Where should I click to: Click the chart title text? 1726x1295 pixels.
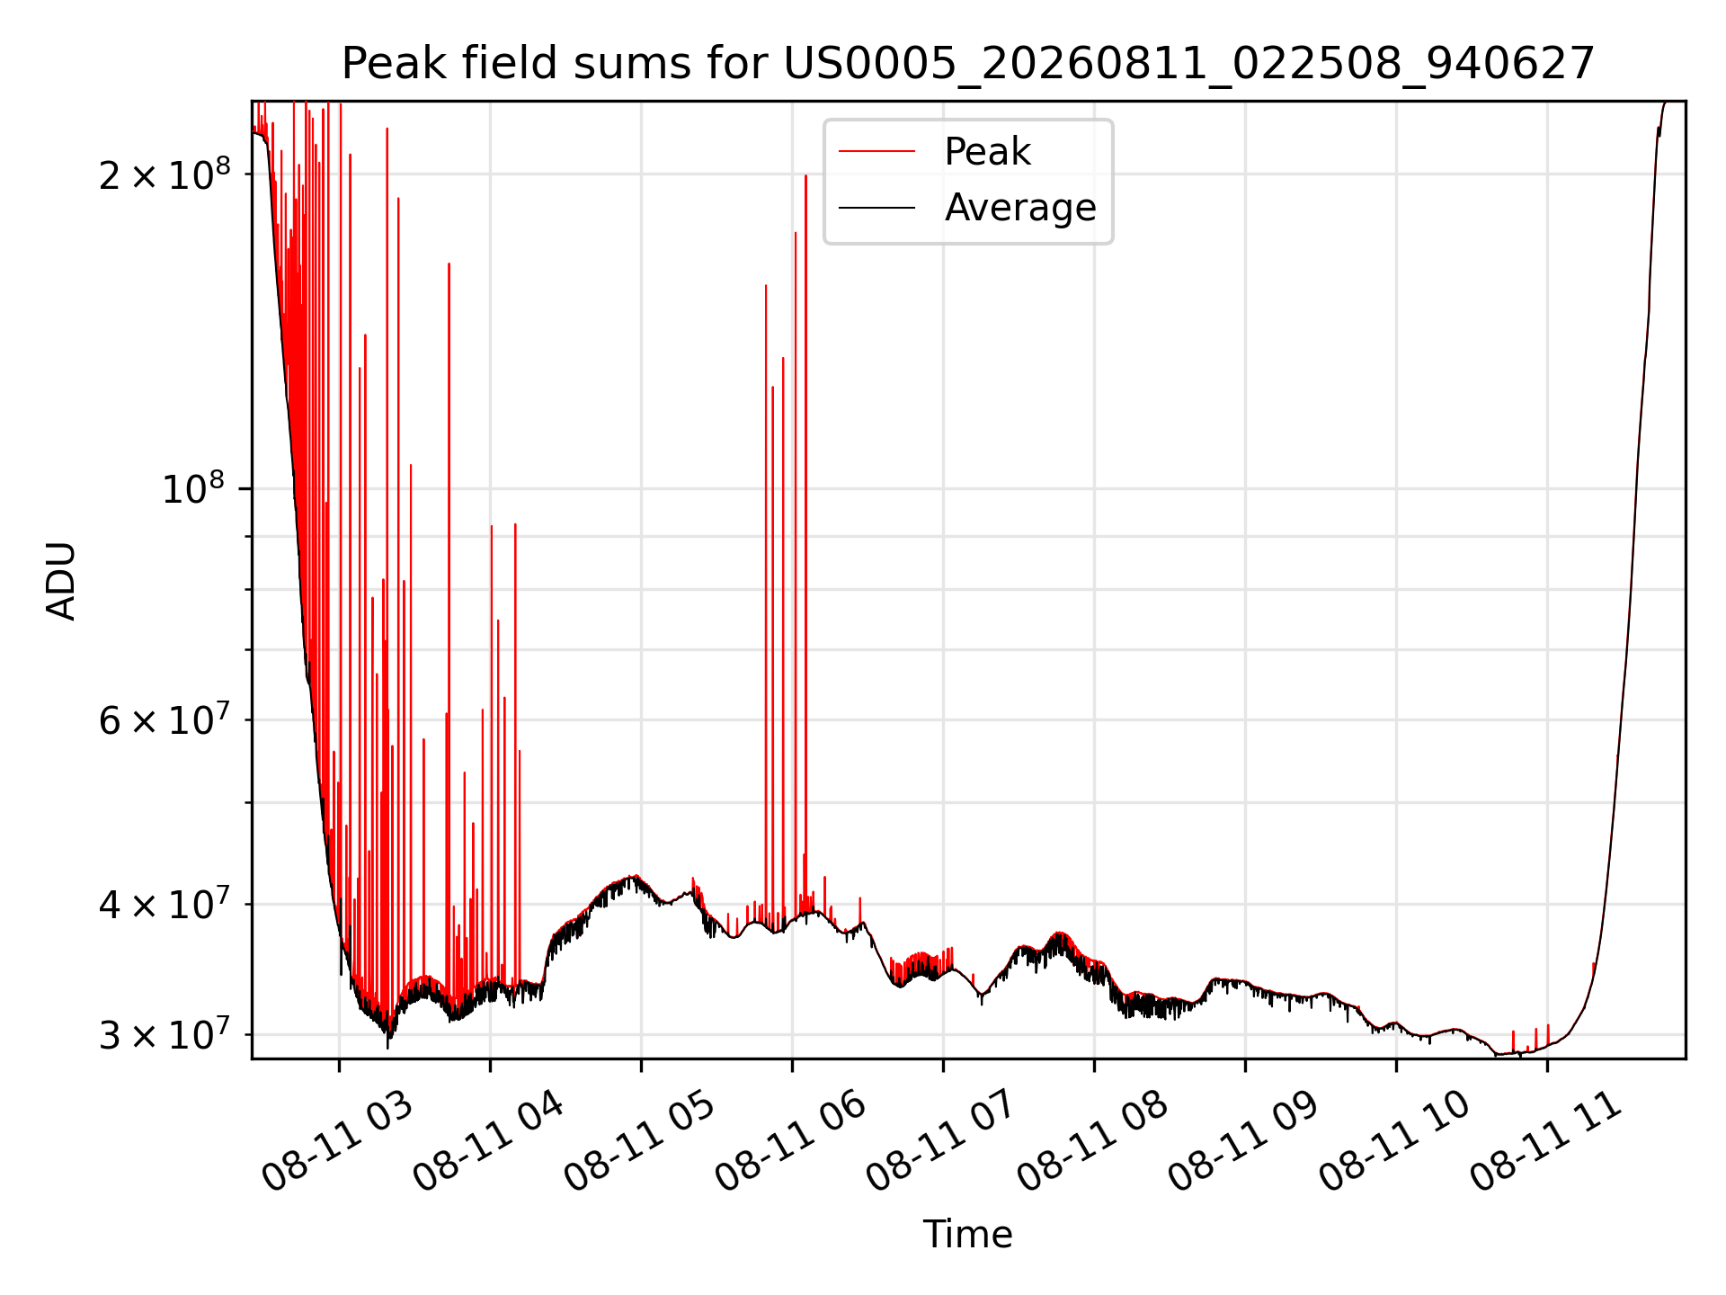[968, 64]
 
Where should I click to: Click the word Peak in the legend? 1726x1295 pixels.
[987, 152]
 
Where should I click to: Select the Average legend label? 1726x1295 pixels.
[1020, 208]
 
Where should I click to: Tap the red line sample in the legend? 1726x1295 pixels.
[876, 152]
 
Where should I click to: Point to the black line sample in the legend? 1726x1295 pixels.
[876, 208]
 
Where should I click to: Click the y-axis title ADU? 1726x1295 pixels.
[61, 581]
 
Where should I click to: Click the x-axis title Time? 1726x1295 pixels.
[968, 1235]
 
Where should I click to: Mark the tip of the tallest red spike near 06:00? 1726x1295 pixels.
[805, 175]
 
